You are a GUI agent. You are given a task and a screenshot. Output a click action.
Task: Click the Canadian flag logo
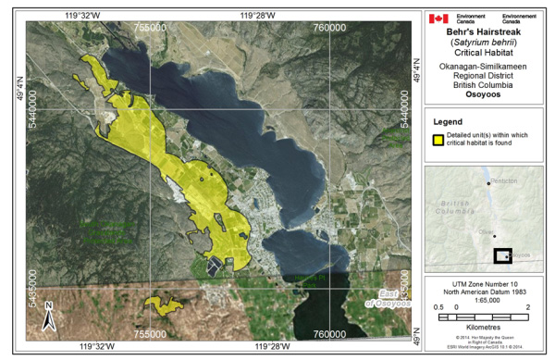[x=438, y=19]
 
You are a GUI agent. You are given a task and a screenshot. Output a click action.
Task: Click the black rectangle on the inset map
[x=502, y=255]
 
